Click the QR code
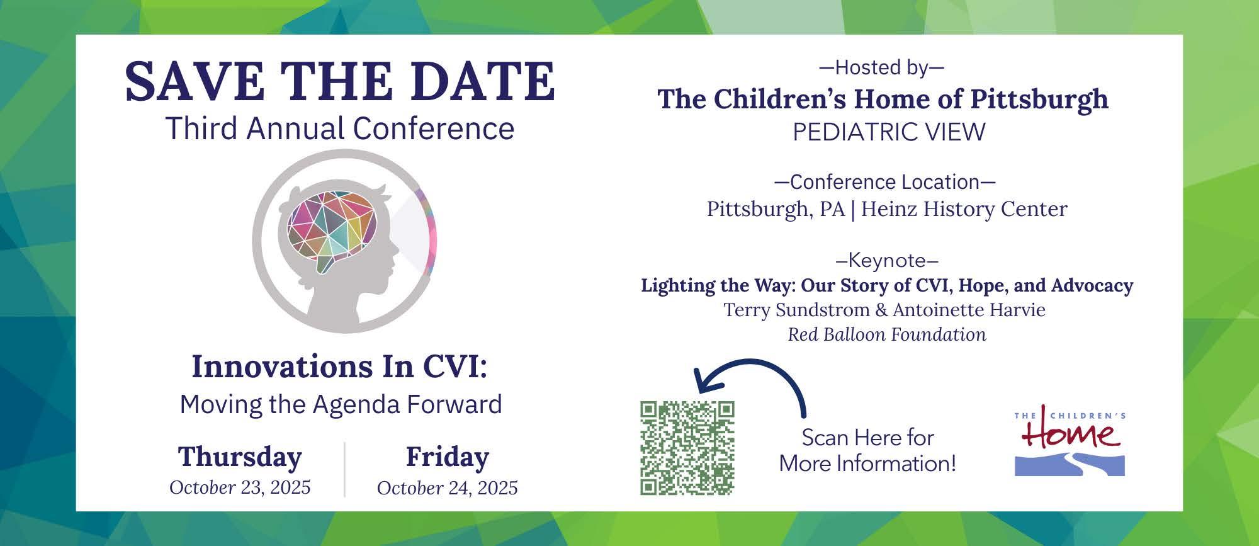pyautogui.click(x=687, y=448)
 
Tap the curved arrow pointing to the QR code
pyautogui.click(x=749, y=363)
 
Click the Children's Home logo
pyautogui.click(x=1070, y=441)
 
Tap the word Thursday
pyautogui.click(x=240, y=458)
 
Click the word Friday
pyautogui.click(x=447, y=458)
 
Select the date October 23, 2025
pyautogui.click(x=240, y=487)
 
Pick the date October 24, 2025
pyautogui.click(x=447, y=488)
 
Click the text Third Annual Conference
pyautogui.click(x=340, y=128)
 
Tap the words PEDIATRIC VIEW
pyautogui.click(x=889, y=132)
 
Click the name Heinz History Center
pyautogui.click(x=964, y=209)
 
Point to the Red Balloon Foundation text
pyautogui.click(x=887, y=334)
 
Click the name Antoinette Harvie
pyautogui.click(x=969, y=310)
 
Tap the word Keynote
pyautogui.click(x=887, y=260)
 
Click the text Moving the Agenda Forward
pyautogui.click(x=341, y=404)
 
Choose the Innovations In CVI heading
pyautogui.click(x=339, y=367)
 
